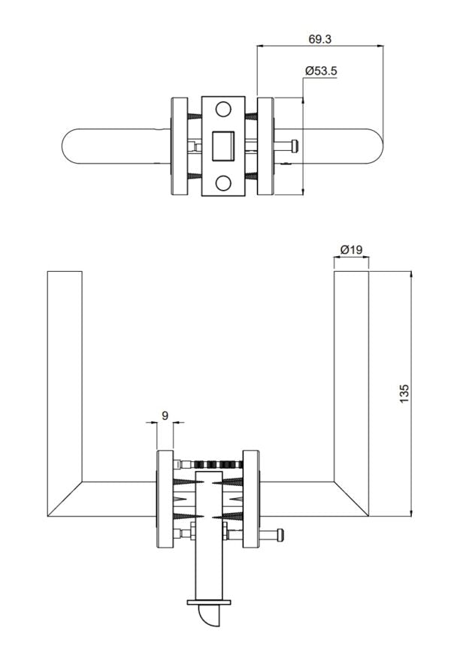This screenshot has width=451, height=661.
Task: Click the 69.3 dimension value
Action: click(319, 39)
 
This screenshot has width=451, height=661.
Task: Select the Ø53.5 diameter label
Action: click(321, 71)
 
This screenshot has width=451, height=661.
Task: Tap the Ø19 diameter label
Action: click(351, 249)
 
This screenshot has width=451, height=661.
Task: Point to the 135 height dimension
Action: click(404, 394)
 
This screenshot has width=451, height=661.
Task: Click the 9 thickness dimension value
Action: click(165, 415)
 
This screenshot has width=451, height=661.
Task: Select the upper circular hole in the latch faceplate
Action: click(223, 110)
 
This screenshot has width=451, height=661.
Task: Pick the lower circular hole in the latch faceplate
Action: click(223, 183)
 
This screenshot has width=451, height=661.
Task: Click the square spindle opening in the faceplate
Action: click(223, 146)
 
